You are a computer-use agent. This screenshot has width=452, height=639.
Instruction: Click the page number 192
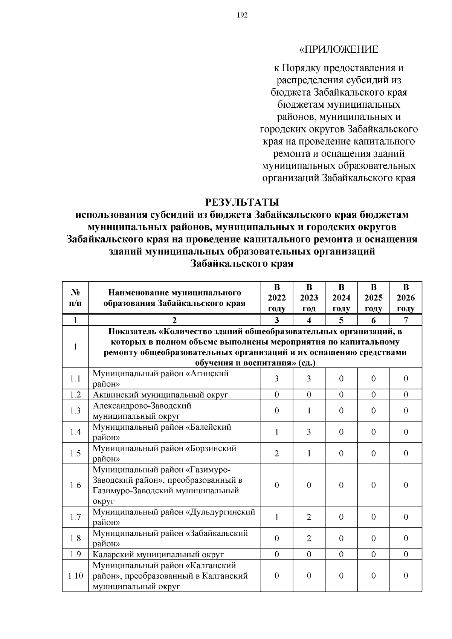tap(242, 15)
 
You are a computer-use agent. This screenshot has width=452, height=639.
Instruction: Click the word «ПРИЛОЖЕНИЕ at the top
tap(339, 49)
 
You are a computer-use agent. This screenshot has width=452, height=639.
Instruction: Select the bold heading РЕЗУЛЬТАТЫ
tap(242, 202)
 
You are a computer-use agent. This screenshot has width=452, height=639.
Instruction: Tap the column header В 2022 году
tap(276, 297)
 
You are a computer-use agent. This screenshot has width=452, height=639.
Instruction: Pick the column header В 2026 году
tap(406, 297)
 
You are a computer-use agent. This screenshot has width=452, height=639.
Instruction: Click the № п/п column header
tap(75, 297)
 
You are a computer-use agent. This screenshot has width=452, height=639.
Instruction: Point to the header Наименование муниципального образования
tap(174, 298)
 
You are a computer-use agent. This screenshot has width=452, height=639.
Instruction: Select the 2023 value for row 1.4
tap(309, 432)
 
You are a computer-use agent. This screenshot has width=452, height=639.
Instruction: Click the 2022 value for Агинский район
tap(276, 378)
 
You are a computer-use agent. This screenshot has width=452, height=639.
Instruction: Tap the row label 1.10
tap(75, 576)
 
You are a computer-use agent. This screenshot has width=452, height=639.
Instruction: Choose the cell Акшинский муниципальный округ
tap(160, 395)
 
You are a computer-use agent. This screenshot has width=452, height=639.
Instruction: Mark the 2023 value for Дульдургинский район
tap(309, 517)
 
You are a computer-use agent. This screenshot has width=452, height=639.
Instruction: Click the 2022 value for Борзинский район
tap(276, 453)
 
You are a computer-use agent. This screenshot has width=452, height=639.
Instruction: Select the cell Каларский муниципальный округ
tap(158, 554)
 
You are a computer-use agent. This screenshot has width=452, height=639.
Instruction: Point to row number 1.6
tap(75, 485)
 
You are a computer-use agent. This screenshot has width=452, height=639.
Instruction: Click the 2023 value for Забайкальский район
tap(309, 538)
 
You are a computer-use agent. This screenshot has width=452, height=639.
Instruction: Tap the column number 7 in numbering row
tap(406, 320)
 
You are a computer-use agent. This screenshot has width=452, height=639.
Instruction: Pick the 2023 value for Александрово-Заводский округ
tap(309, 410)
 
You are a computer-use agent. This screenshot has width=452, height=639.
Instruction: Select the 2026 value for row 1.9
tap(406, 554)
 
